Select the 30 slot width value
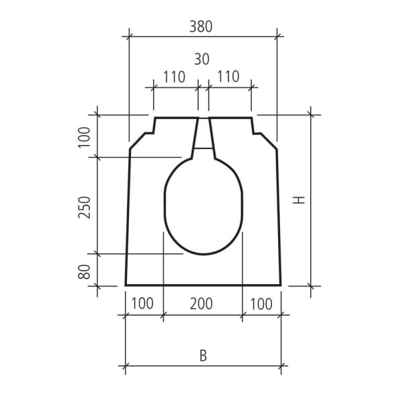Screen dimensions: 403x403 201,59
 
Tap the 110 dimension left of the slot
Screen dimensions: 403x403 173,77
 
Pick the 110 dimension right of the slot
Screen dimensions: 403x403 228,77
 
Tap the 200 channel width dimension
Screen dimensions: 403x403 201,304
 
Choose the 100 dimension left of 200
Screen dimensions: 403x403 142,304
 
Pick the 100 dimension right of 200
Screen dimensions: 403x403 261,304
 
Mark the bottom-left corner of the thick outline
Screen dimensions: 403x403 126,285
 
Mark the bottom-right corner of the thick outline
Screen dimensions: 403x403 281,285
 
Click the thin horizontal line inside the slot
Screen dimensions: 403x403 204,147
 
